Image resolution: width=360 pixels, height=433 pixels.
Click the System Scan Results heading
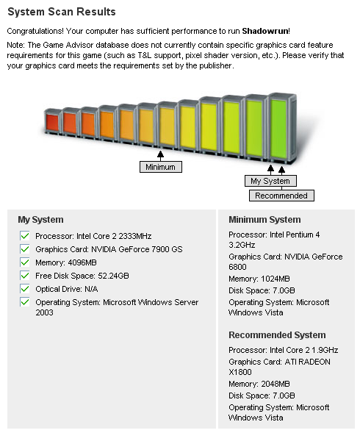coord(62,12)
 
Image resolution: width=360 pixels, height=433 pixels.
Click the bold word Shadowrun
coord(265,31)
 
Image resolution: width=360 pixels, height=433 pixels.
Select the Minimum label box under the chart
coord(161,167)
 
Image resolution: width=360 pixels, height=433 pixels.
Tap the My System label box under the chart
coord(270,181)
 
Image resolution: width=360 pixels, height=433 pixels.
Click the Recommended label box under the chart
coord(281,196)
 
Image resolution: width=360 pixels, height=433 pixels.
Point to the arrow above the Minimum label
coord(160,156)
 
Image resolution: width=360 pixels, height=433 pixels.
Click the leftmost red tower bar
coord(52,122)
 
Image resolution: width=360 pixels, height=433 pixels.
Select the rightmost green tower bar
coord(282,128)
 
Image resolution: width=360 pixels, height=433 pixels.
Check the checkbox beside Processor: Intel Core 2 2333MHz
coord(24,236)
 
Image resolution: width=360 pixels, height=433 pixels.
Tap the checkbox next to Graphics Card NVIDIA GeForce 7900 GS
coord(24,249)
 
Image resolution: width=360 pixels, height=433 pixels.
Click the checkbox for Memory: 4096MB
coord(24,262)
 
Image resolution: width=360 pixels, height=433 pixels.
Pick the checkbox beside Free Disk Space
coord(24,276)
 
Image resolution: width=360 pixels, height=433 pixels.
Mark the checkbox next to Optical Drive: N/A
coord(24,289)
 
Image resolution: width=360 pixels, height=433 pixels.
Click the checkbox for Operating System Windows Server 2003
coord(24,302)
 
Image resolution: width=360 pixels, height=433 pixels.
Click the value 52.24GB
coord(113,276)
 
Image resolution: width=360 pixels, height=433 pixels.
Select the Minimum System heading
coord(264,220)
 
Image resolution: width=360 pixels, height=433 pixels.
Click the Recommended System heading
coord(277,335)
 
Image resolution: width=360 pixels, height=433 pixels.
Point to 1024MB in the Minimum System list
coord(276,279)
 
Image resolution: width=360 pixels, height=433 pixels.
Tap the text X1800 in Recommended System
coord(240,372)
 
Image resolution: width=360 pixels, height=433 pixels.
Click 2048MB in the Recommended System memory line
coord(276,384)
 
